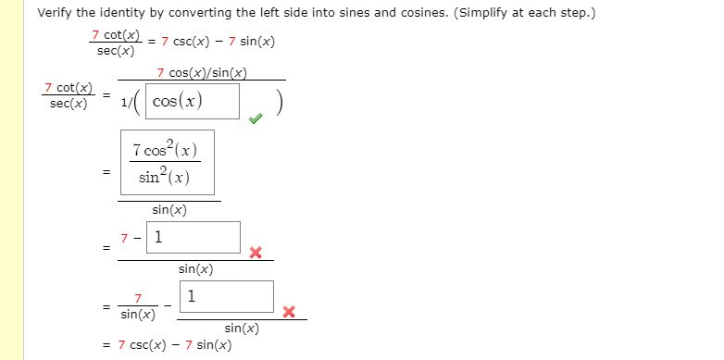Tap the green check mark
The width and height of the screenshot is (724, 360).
coord(255,117)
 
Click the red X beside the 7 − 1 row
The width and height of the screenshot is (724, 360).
coord(256,253)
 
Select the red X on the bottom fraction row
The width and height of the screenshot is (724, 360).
coord(289,313)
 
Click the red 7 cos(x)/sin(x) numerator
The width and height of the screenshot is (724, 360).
coord(202,72)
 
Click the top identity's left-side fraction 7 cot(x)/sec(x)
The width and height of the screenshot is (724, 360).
coord(115,43)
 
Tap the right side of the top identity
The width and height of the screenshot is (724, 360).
coord(218,43)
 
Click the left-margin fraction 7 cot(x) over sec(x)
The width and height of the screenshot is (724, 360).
coord(69,95)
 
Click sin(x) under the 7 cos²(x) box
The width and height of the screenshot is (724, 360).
coord(169,210)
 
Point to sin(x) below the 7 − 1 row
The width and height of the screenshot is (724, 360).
coord(195,269)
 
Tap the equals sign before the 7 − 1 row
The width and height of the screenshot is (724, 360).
coord(107,247)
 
